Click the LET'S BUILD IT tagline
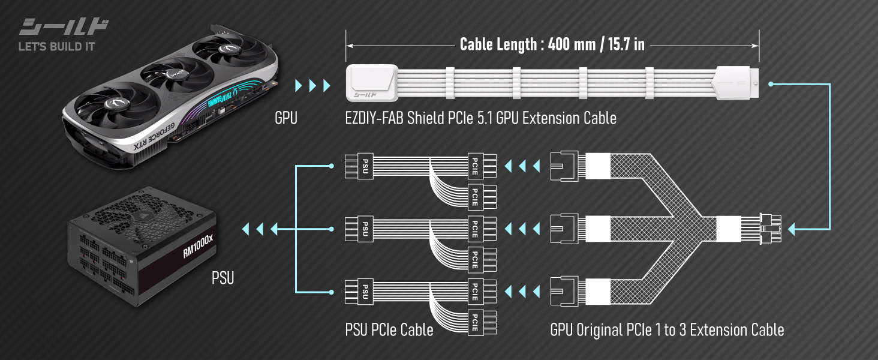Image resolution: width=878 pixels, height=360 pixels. point(57,46)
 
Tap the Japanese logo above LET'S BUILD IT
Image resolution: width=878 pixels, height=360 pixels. point(64,28)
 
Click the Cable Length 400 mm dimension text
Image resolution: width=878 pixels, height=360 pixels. point(552,44)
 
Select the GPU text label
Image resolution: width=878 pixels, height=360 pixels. point(285,118)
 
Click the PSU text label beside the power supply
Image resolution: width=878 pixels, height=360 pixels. point(222,278)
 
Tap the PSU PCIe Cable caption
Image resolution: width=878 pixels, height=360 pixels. point(389,329)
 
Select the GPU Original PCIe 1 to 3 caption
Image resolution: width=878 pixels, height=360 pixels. point(666,329)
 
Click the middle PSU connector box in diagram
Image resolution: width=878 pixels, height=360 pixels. point(364,229)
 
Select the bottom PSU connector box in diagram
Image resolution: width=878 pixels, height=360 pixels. point(364,291)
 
